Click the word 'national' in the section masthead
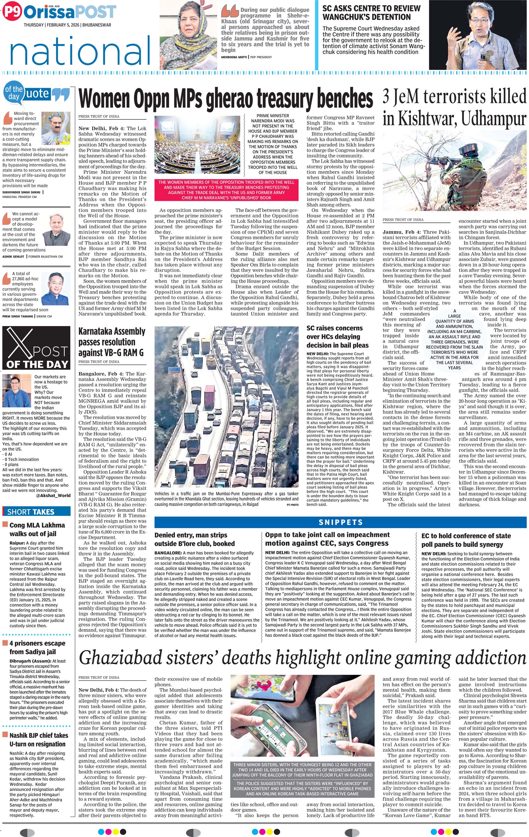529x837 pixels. point(80,52)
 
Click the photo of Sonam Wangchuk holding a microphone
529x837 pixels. point(478,35)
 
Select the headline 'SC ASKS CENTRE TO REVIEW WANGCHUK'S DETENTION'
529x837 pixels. point(371,13)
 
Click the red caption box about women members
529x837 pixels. point(226,190)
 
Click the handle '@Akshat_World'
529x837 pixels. point(53,495)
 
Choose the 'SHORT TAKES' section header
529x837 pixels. point(31,512)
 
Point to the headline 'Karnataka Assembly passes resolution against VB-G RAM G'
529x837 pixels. point(111,342)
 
